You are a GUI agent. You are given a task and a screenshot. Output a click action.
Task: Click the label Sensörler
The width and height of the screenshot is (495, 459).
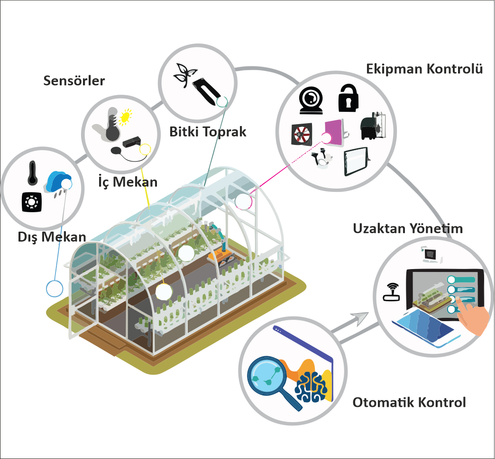pyautogui.click(x=74, y=81)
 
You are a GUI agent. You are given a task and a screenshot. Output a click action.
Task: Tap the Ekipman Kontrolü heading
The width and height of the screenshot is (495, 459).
pyautogui.click(x=424, y=69)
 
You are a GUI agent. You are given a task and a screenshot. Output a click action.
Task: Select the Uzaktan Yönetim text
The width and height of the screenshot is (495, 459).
pyautogui.click(x=408, y=228)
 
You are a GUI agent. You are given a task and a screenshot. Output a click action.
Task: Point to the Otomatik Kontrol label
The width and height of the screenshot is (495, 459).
pyautogui.click(x=409, y=403)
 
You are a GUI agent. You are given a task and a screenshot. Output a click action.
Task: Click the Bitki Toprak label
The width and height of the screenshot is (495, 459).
pyautogui.click(x=208, y=132)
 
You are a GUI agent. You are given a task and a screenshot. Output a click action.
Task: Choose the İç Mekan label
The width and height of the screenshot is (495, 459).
pyautogui.click(x=128, y=182)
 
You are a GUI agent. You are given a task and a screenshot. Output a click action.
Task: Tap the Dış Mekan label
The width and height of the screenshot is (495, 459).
pyautogui.click(x=52, y=237)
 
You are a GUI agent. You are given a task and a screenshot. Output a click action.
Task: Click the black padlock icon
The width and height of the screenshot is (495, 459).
pyautogui.click(x=348, y=98)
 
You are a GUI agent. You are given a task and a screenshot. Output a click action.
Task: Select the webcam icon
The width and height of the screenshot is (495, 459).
pyautogui.click(x=311, y=100)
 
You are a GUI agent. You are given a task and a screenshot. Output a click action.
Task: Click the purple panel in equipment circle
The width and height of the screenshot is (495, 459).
pyautogui.click(x=334, y=133)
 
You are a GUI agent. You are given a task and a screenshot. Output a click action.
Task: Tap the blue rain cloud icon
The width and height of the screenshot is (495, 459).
pyautogui.click(x=59, y=182)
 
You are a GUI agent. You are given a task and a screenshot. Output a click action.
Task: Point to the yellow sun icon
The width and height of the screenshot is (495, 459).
pyautogui.click(x=125, y=117)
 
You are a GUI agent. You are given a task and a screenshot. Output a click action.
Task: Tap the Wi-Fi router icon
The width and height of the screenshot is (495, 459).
pyautogui.click(x=391, y=292)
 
